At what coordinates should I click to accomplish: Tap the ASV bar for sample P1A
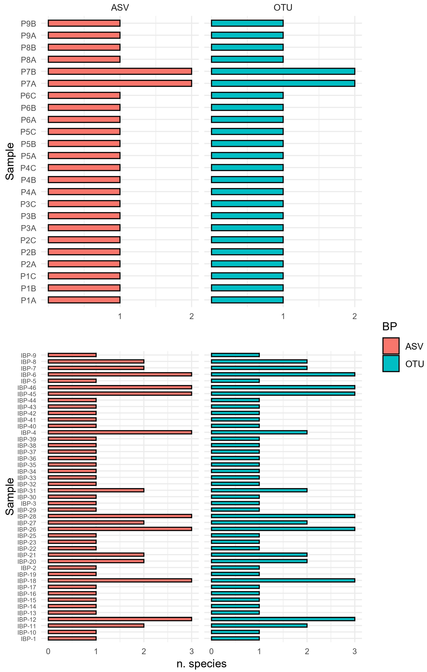84,300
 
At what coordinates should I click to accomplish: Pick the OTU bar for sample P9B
247,23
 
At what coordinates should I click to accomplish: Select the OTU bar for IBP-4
259,432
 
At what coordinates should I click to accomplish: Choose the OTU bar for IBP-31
259,490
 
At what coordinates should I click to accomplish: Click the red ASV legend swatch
391,346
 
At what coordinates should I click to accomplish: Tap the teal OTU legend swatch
391,364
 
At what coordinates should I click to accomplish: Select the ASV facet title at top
120,8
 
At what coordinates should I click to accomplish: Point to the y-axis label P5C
28,132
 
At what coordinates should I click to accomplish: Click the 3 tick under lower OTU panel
354,651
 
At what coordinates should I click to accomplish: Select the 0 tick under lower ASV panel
48,651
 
